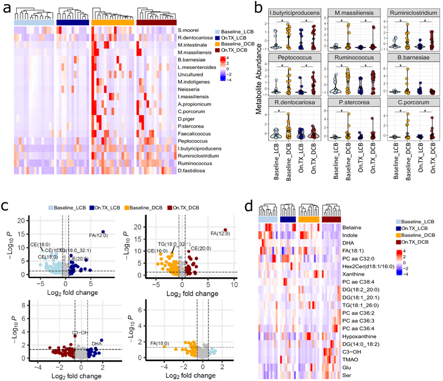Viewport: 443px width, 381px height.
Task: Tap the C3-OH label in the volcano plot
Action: pyautogui.click(x=79, y=332)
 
